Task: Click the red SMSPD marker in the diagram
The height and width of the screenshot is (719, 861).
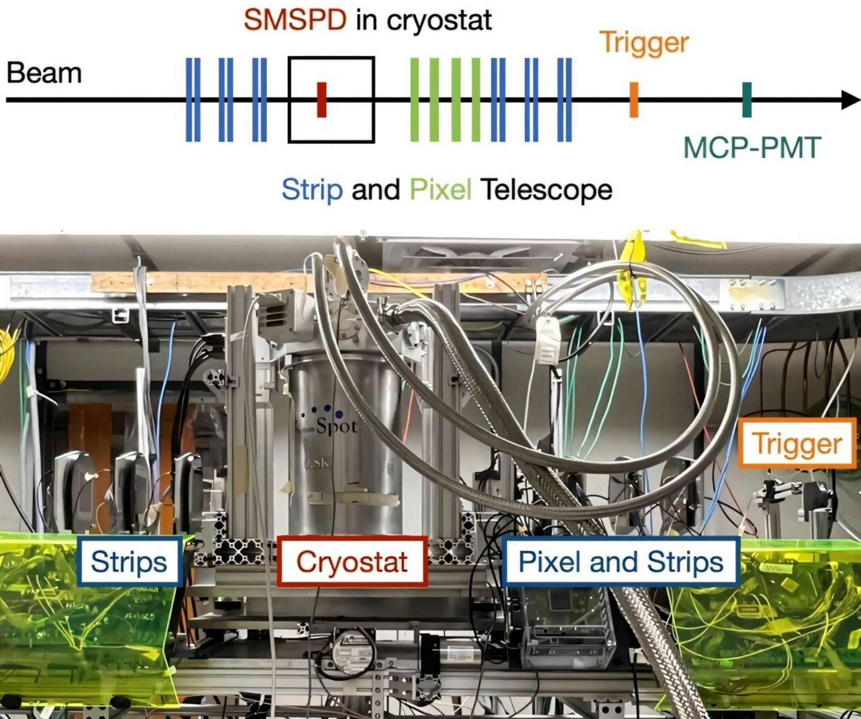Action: pyautogui.click(x=322, y=100)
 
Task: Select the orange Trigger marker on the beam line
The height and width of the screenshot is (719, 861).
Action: pyautogui.click(x=634, y=100)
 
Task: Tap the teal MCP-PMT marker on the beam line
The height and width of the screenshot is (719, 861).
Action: pyautogui.click(x=746, y=100)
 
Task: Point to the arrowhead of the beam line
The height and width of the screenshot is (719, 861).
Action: pyautogui.click(x=850, y=100)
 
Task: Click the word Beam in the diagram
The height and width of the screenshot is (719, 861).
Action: pyautogui.click(x=44, y=73)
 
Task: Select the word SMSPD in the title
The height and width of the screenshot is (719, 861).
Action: pyautogui.click(x=295, y=21)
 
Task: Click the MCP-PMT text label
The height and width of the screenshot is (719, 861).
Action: pyautogui.click(x=752, y=148)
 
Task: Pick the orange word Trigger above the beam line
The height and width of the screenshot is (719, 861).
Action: pyautogui.click(x=645, y=42)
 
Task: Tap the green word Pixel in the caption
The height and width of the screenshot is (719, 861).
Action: pyautogui.click(x=440, y=189)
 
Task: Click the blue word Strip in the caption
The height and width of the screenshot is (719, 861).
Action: pyautogui.click(x=312, y=189)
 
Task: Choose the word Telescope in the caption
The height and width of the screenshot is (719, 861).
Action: pyautogui.click(x=546, y=189)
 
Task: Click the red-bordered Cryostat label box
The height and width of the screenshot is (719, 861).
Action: pyautogui.click(x=352, y=561)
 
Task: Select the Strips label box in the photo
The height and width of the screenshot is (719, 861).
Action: pyautogui.click(x=129, y=561)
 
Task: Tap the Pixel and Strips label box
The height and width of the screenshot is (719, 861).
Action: pyautogui.click(x=620, y=561)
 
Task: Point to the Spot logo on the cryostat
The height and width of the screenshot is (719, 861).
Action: pyautogui.click(x=331, y=421)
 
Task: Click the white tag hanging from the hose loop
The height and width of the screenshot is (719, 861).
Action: pyautogui.click(x=549, y=340)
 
